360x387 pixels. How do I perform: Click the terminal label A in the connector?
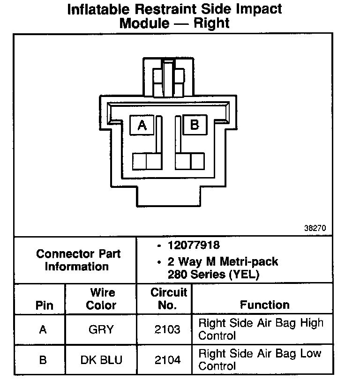[142, 125]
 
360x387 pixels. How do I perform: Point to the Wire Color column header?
[101, 299]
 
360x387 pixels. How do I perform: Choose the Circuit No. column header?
[169, 299]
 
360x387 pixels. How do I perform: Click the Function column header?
[265, 305]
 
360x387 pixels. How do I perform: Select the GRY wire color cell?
[101, 330]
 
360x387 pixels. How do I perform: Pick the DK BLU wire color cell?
[101, 360]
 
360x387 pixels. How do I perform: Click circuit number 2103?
[167, 330]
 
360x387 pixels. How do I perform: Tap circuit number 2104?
[167, 360]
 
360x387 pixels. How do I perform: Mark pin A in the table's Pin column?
[43, 330]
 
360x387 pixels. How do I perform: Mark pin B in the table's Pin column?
[43, 360]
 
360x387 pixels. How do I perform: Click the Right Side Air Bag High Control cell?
[261, 329]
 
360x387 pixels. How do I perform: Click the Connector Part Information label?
[78, 260]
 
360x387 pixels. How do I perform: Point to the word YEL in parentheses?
[243, 274]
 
